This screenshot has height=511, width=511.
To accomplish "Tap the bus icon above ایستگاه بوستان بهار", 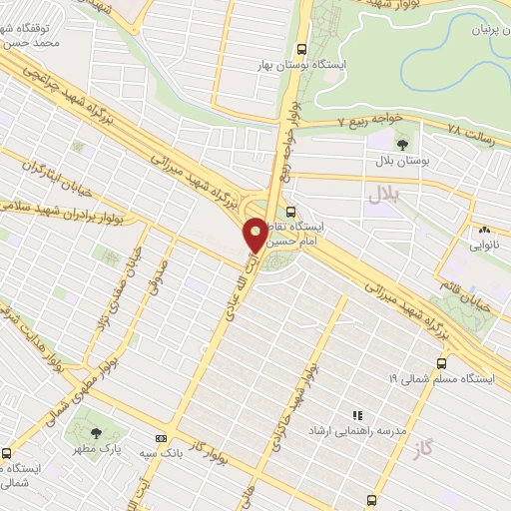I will click(x=301, y=48).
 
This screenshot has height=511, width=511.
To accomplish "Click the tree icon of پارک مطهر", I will click(x=97, y=433).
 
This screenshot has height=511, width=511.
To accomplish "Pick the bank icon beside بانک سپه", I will click(x=161, y=438).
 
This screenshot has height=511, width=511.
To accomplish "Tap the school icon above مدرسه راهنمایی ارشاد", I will click(x=356, y=414).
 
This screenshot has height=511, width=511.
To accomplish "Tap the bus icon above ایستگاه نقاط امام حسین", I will click(x=290, y=212).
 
